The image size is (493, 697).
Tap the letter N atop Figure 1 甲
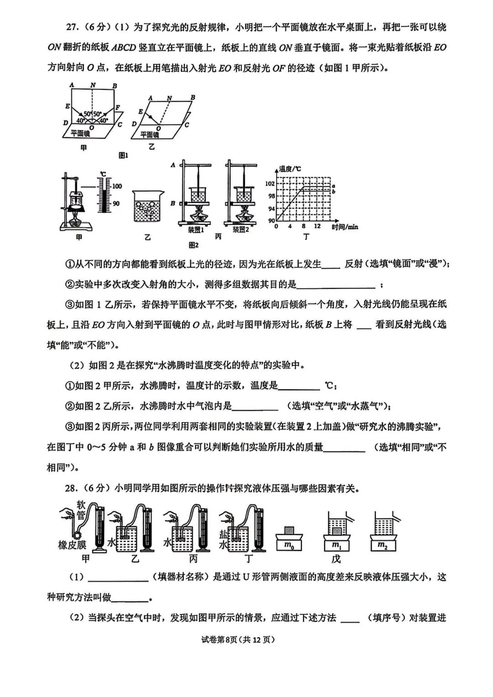[93, 85]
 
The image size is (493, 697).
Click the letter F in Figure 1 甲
[118, 108]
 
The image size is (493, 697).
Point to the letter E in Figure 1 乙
[141, 112]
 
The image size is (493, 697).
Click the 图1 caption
[123, 156]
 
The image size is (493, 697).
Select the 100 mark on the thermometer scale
[117, 186]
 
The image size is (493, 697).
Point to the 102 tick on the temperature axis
[270, 183]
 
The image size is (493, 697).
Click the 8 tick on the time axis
[304, 227]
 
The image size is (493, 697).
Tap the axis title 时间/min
[345, 227]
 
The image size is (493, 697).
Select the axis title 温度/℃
[290, 169]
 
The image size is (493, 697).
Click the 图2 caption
[194, 245]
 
